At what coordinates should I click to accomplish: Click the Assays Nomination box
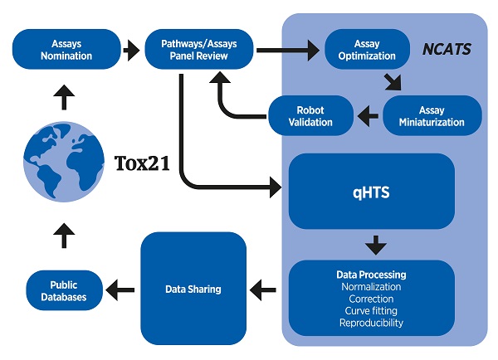click(x=66, y=50)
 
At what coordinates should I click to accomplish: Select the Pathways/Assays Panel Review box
click(x=199, y=50)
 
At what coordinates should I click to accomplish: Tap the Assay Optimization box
click(x=366, y=50)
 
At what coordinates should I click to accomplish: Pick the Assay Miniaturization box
click(x=432, y=116)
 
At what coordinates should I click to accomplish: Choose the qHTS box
click(x=371, y=191)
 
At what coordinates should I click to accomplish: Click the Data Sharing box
click(x=193, y=289)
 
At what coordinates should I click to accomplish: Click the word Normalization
click(x=371, y=287)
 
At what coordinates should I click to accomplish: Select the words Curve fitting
click(x=371, y=311)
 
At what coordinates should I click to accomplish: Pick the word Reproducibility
click(x=371, y=323)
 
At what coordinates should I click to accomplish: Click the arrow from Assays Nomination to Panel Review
click(x=131, y=51)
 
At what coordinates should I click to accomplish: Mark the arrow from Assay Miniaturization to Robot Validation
click(x=367, y=117)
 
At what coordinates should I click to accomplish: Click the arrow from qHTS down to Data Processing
click(x=376, y=245)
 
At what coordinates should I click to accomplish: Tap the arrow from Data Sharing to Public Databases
click(x=122, y=289)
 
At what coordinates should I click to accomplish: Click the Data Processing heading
click(x=371, y=275)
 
